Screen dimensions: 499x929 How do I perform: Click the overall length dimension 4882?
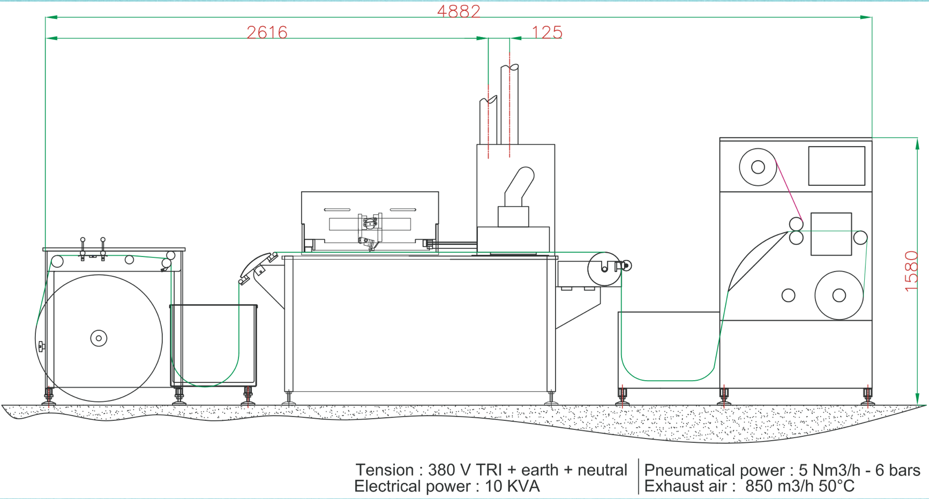pyautogui.click(x=459, y=11)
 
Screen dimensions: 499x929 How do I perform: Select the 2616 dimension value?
pyautogui.click(x=267, y=33)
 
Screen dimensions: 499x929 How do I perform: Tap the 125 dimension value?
pyautogui.click(x=547, y=33)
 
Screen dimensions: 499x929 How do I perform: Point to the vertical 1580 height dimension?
pyautogui.click(x=911, y=271)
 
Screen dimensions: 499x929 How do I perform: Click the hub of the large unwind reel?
pyautogui.click(x=99, y=338)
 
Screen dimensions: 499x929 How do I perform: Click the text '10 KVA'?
pyautogui.click(x=512, y=487)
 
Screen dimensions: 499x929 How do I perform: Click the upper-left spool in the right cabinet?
pyautogui.click(x=758, y=167)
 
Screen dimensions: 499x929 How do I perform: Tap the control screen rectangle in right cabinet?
pyautogui.click(x=836, y=166)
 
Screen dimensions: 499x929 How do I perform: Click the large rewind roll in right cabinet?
pyautogui.click(x=839, y=295)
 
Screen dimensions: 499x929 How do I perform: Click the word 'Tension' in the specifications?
pyautogui.click(x=384, y=470)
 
